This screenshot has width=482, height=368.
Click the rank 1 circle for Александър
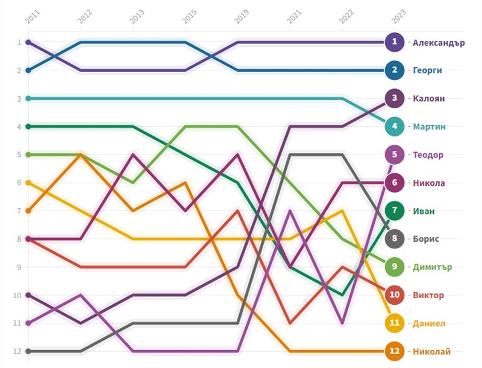(395, 42)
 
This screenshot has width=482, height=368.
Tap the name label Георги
(427, 70)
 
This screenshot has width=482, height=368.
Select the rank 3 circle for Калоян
(395, 99)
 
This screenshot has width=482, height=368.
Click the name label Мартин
(429, 127)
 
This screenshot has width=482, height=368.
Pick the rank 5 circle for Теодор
(395, 155)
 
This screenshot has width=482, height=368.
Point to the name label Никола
(429, 183)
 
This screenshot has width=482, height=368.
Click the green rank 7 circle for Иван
(395, 211)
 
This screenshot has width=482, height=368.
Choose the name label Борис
(426, 239)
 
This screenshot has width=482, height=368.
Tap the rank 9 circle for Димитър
(395, 267)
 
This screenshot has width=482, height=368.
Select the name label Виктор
(428, 295)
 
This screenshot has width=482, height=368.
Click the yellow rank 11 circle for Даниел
(395, 323)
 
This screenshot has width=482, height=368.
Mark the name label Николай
(431, 351)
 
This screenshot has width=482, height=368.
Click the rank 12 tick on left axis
(19, 351)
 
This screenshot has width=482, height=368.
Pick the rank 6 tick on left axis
(19, 183)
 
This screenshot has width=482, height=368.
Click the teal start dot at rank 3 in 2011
(28, 99)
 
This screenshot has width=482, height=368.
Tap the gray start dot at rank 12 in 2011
(28, 351)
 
